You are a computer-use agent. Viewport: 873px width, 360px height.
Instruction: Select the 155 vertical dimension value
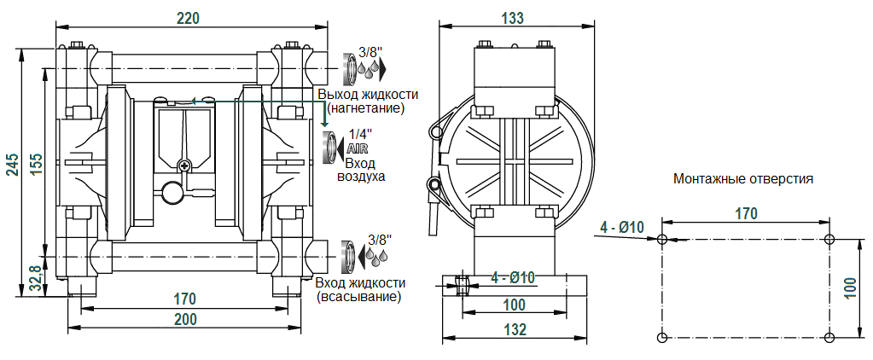coord(35,164)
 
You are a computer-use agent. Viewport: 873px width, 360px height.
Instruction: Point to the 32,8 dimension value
coord(34,277)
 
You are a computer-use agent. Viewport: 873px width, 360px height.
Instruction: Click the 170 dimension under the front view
coord(184,299)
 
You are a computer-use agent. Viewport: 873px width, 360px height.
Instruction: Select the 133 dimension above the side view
coord(513,18)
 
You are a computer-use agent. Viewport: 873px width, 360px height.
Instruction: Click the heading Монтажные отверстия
coord(742,179)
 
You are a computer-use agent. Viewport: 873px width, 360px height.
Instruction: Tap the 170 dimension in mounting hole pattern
coord(746,213)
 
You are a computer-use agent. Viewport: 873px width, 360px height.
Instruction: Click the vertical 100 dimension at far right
coord(860,287)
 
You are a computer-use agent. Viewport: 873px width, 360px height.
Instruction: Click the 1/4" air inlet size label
coord(361,134)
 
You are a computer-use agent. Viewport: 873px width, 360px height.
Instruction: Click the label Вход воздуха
coord(361,170)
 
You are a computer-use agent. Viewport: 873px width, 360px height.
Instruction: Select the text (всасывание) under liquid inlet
coord(358,297)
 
